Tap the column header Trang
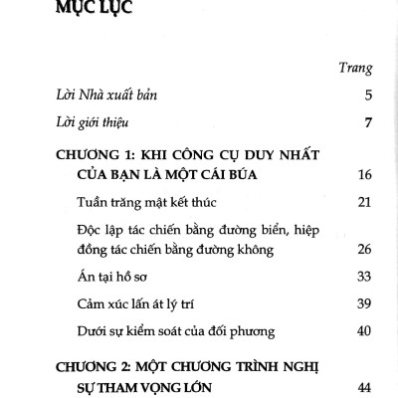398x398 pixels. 356,69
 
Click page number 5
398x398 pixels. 367,97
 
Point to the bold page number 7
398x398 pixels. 367,123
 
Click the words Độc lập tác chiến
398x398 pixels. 124,231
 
